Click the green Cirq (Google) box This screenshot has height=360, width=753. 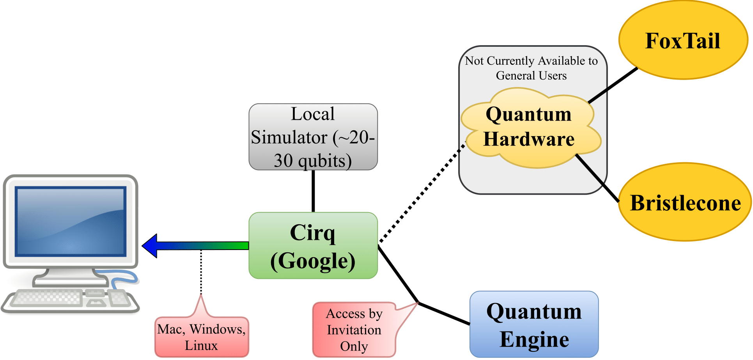313,245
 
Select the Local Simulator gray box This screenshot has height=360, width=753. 313,137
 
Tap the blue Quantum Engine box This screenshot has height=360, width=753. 534,324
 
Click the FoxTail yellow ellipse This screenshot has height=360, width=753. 683,40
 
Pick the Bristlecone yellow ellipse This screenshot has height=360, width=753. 685,202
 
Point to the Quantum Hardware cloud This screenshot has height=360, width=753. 530,128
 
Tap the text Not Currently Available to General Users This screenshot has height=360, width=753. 531,68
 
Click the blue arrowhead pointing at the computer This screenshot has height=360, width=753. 150,246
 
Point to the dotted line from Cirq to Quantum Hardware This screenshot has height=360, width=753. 422,194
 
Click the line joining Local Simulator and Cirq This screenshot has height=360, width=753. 313,191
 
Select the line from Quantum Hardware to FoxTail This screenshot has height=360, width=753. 613,85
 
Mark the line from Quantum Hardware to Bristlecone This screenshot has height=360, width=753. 597,178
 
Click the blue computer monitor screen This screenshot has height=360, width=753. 71,222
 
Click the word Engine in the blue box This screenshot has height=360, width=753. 534,339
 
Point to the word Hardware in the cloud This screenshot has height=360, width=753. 529,139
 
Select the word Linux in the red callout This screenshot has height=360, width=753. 201,346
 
